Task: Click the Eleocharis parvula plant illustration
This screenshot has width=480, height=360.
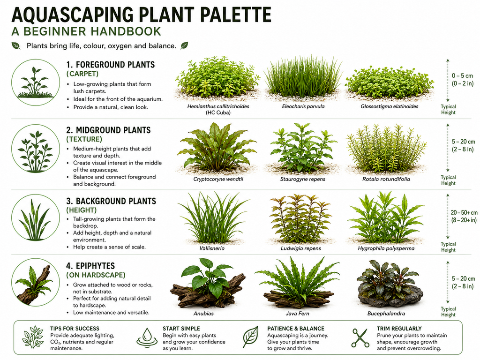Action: click(x=303, y=78)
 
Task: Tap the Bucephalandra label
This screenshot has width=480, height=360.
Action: click(x=386, y=314)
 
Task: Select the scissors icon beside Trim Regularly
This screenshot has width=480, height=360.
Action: click(x=360, y=338)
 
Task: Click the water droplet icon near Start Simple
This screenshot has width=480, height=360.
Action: click(x=147, y=338)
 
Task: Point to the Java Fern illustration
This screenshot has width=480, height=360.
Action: click(x=297, y=283)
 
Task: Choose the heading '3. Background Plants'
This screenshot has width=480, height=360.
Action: click(x=111, y=201)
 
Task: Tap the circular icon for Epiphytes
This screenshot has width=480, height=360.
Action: click(x=36, y=282)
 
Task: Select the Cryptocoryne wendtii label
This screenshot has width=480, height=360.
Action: click(x=218, y=179)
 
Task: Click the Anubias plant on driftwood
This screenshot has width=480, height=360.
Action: click(x=208, y=283)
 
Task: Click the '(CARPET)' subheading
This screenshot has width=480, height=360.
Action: click(x=82, y=74)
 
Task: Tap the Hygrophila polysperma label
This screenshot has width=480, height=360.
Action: click(x=386, y=248)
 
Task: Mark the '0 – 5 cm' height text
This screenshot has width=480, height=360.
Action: click(x=462, y=75)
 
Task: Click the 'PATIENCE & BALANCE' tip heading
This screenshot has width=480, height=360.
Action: click(x=296, y=329)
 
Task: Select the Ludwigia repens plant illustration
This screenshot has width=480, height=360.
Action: click(x=300, y=218)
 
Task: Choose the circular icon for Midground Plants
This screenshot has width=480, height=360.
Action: click(x=36, y=149)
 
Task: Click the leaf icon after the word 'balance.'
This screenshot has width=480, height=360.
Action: click(x=184, y=45)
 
